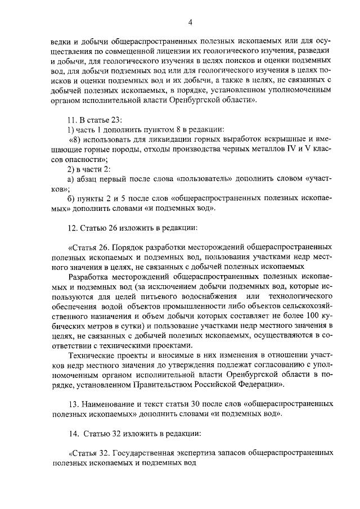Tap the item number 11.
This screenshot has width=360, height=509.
tap(71, 120)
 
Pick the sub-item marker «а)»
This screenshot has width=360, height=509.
tap(71, 179)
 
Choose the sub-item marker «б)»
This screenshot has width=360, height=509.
tap(71, 199)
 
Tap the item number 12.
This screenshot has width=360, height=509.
tap(71, 228)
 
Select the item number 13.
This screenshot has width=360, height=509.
tap(71, 405)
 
